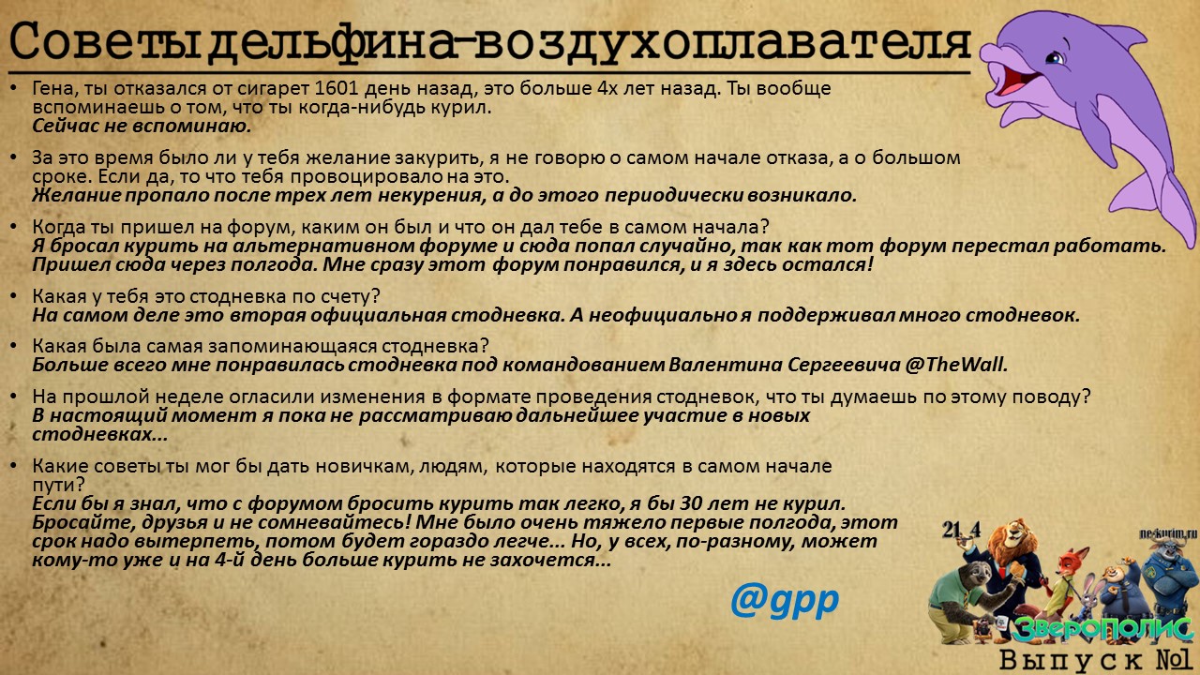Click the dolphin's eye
click(1055, 57)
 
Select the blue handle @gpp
click(785, 601)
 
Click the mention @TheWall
click(956, 365)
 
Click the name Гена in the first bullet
click(54, 89)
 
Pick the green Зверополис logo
click(1102, 629)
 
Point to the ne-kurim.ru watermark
click(1168, 533)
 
